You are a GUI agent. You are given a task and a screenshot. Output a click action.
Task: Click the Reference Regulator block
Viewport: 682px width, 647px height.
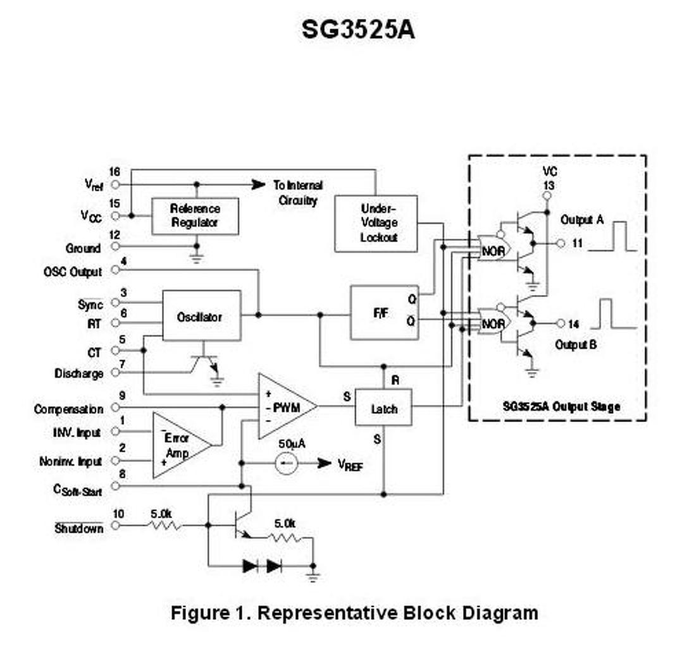(x=195, y=216)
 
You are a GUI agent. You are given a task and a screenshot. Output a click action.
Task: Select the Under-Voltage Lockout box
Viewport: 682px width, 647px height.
(x=376, y=223)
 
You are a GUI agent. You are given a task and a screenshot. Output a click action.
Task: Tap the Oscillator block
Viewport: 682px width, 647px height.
(x=201, y=315)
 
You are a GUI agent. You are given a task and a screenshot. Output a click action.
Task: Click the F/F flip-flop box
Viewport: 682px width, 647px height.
(x=385, y=312)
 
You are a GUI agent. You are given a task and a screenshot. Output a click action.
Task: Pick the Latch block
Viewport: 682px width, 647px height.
(x=383, y=407)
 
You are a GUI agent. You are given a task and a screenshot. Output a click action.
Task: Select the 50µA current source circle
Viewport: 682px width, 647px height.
(x=286, y=463)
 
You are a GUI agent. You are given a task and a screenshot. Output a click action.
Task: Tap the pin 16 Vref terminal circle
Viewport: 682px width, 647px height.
(x=115, y=184)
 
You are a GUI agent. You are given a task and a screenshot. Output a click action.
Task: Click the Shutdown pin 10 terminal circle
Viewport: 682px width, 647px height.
(x=115, y=525)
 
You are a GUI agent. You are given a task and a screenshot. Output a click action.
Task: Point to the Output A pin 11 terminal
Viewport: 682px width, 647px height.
(x=561, y=243)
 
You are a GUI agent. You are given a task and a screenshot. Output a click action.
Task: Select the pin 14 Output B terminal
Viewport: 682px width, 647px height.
(x=561, y=323)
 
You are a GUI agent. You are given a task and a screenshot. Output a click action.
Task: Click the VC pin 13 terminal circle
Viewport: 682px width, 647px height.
(x=547, y=196)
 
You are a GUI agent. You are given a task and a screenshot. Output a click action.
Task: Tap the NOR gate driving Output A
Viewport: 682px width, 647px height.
(x=493, y=248)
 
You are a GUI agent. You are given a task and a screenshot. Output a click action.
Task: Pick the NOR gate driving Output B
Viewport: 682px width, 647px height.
(x=493, y=322)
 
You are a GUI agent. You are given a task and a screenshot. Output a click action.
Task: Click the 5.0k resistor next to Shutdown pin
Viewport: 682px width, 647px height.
(x=164, y=525)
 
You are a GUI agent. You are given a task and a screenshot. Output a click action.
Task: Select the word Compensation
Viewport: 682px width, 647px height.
(x=69, y=409)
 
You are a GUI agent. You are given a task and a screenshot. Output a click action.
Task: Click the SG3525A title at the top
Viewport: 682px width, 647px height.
(x=358, y=30)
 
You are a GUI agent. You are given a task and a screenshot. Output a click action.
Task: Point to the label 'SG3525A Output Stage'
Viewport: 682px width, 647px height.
(x=561, y=407)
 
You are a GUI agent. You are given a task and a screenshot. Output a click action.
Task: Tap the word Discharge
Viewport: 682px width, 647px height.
(x=79, y=373)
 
